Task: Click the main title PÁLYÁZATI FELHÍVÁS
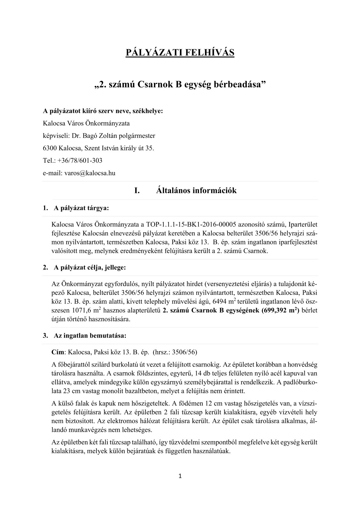[x=180, y=53]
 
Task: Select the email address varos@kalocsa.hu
[x=90, y=173]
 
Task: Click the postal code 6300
[x=50, y=148]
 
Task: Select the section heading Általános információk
[x=196, y=191]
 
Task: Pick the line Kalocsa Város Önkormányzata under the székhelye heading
[x=86, y=123]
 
